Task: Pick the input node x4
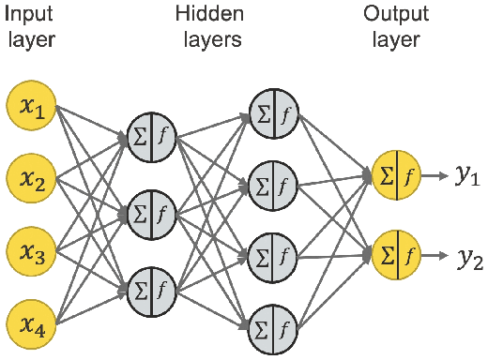[x=31, y=324]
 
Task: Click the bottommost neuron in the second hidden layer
[x=274, y=324]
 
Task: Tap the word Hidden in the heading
[x=208, y=16]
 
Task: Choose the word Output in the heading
[x=395, y=16]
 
